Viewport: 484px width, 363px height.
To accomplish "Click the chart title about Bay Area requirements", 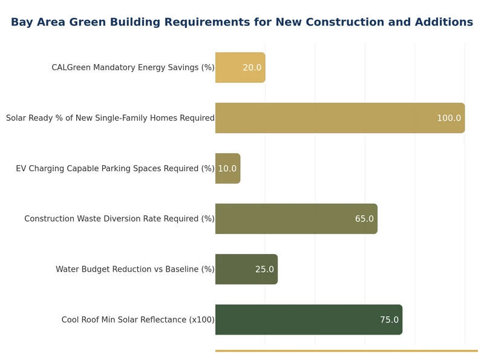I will click(x=242, y=22).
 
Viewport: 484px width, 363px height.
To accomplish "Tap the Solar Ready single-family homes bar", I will click(x=327, y=118).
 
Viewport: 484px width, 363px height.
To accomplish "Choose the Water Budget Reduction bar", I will click(x=236, y=269).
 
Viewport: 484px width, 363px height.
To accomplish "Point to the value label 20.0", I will click(x=252, y=68).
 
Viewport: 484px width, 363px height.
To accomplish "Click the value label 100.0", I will click(x=449, y=118).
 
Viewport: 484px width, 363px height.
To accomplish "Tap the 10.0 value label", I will click(x=227, y=169).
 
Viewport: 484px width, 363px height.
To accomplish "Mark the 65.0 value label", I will click(x=364, y=219).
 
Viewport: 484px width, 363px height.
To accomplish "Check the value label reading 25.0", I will click(x=264, y=269).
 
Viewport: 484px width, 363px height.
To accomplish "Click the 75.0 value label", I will click(x=389, y=320).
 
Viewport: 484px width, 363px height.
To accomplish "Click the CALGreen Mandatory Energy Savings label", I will click(x=133, y=68).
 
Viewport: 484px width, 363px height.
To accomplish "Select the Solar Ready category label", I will click(x=110, y=118).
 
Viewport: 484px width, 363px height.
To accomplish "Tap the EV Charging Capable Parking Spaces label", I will click(x=115, y=169).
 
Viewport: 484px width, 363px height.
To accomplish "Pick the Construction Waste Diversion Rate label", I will click(x=119, y=219).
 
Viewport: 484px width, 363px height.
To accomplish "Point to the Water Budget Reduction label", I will click(x=135, y=269).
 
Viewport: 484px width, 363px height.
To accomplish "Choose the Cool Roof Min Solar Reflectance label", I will click(x=138, y=320).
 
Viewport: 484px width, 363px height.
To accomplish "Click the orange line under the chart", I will click(x=346, y=350).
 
